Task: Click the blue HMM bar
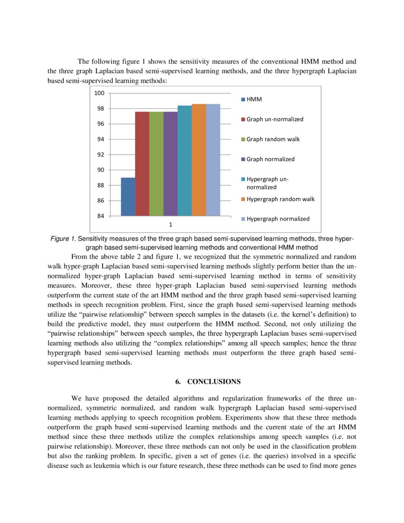(x=128, y=196)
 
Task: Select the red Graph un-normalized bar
(x=142, y=164)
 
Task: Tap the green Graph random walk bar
(x=156, y=164)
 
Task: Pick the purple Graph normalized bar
(x=170, y=164)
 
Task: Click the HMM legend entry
(x=254, y=99)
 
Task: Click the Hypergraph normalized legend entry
(x=278, y=219)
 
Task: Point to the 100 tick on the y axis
(x=99, y=93)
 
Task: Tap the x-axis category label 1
(x=171, y=224)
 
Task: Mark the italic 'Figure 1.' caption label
(x=63, y=239)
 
